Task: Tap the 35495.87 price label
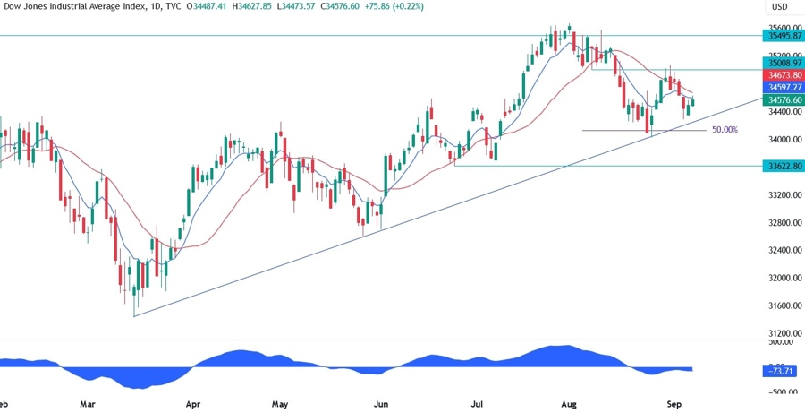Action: tap(784, 36)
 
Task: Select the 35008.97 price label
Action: tap(784, 64)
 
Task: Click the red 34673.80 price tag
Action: tap(784, 77)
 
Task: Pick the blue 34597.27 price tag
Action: tap(784, 90)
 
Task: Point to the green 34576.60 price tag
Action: tap(784, 102)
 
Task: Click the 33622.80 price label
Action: tap(784, 166)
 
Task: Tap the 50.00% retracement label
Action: tap(724, 130)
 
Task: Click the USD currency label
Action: tap(779, 8)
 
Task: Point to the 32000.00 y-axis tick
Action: tap(783, 278)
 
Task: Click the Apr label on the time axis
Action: tap(192, 404)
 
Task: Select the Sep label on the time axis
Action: tap(674, 404)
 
